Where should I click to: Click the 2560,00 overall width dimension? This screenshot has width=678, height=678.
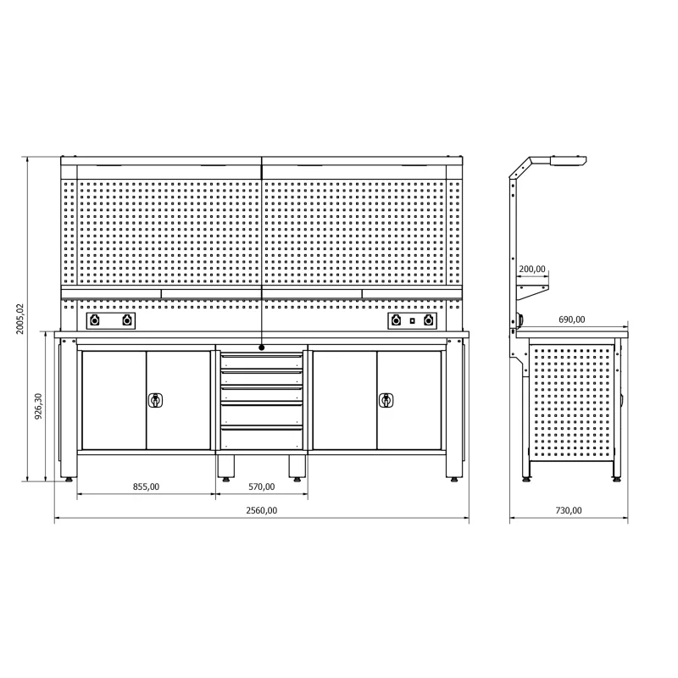[262, 510]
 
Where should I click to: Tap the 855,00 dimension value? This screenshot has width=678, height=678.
[146, 486]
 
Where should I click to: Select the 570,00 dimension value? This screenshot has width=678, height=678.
[262, 486]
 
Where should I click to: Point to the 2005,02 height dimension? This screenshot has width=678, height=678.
[20, 319]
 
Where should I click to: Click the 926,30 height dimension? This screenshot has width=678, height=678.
[38, 407]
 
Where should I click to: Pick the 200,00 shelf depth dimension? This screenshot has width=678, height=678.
[532, 269]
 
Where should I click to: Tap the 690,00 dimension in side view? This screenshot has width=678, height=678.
[571, 320]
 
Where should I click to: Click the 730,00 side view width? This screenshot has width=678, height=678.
[569, 510]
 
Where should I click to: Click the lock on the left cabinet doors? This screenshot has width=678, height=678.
[155, 400]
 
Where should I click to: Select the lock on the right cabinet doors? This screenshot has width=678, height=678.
[386, 400]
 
